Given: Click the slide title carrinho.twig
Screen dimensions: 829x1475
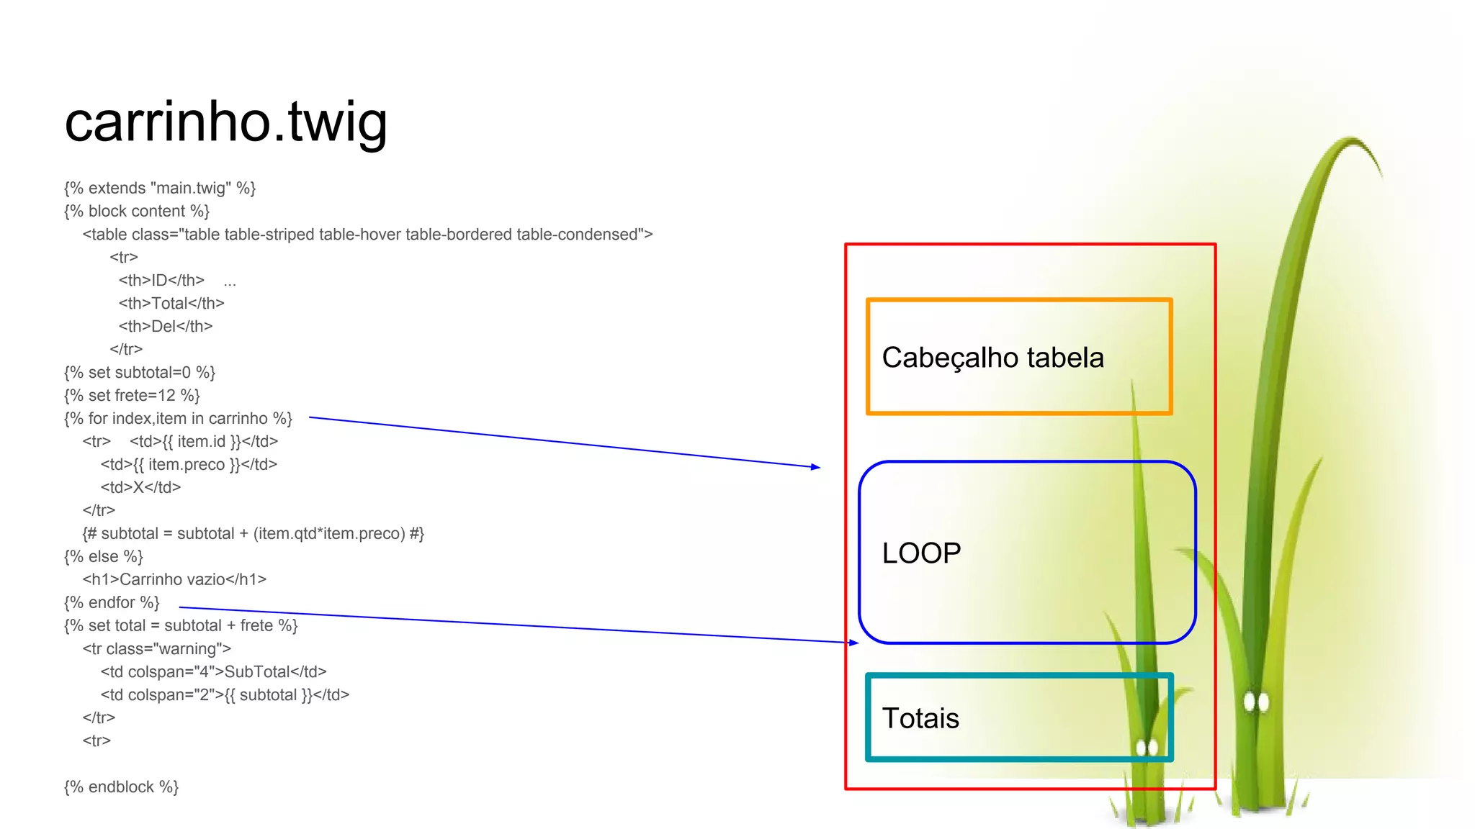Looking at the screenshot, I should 225,122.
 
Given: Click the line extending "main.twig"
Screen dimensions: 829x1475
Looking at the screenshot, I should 160,189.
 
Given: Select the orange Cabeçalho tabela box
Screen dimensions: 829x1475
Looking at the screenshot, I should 1019,357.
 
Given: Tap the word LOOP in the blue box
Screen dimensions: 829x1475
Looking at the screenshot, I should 921,553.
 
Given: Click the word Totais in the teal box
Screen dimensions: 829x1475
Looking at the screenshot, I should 920,718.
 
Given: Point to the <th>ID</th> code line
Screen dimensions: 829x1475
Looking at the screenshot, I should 161,281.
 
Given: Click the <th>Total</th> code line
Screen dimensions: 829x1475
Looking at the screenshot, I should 171,304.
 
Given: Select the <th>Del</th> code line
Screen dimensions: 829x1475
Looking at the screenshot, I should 166,327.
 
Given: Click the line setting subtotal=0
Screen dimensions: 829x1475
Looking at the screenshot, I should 140,373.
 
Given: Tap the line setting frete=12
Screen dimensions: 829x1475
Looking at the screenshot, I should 132,396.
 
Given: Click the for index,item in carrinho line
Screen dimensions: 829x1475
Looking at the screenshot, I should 178,419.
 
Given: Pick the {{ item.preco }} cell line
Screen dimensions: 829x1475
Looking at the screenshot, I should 189,465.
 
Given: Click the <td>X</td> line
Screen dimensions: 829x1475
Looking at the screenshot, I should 140,488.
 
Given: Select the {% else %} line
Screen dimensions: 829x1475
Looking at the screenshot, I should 104,557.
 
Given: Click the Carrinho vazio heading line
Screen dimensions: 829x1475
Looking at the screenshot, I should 174,580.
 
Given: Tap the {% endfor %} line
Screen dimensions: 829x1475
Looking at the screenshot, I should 112,603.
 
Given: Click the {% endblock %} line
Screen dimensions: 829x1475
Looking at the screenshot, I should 121,787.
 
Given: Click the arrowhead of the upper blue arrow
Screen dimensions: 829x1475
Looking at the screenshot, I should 816,467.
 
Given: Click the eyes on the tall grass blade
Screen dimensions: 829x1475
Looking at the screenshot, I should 1256,701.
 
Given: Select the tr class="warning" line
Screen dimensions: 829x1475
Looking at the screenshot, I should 156,649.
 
